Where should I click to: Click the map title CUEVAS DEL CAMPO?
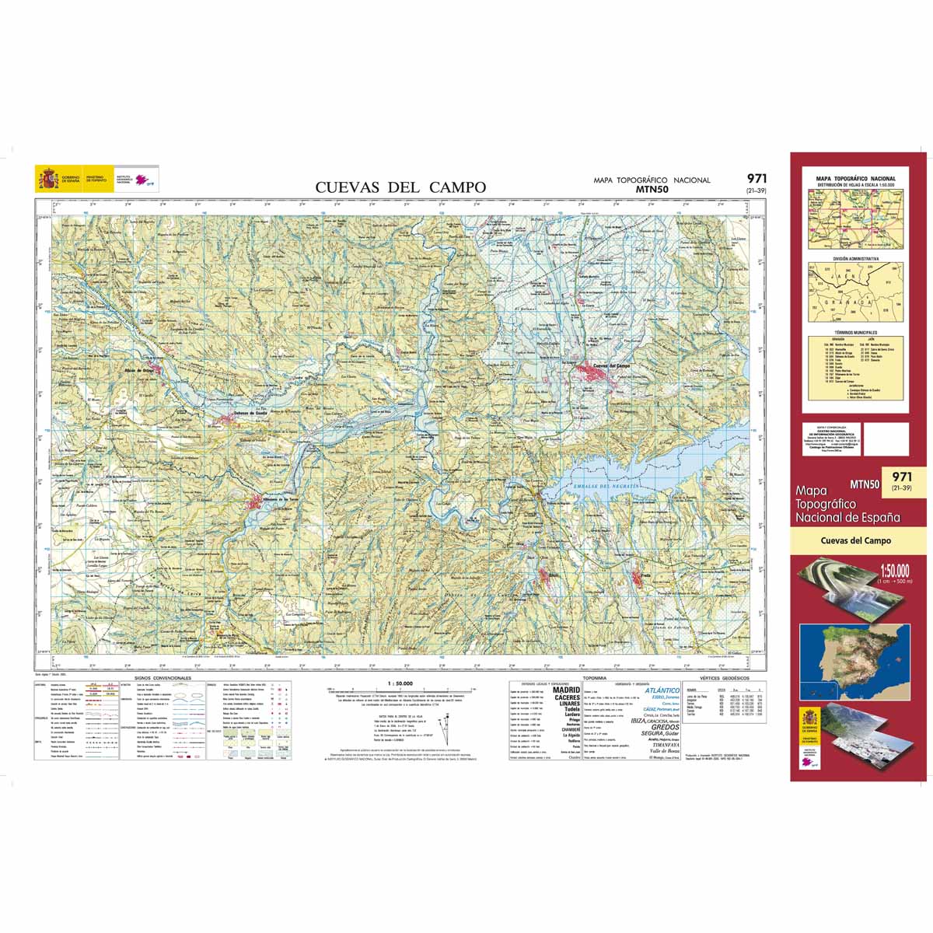400,187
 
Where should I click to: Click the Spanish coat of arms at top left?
48,180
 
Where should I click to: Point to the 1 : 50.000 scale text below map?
399,683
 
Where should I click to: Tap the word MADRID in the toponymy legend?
566,690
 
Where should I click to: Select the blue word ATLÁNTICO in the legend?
662,690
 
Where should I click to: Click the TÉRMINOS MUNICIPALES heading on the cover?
855,331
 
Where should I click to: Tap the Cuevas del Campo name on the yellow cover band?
855,540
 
